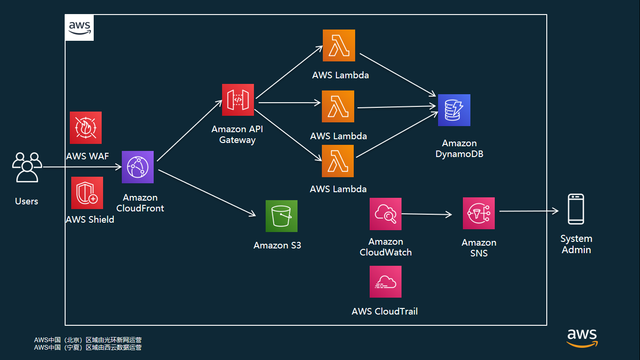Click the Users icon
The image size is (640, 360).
coord(27,167)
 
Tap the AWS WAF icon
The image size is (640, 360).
coord(86,127)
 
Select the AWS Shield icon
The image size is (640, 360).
coord(87,193)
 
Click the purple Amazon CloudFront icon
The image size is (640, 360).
coord(138,167)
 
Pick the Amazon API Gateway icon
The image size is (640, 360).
coord(238,100)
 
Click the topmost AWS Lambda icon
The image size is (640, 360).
coord(339,45)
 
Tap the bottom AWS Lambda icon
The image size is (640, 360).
coord(338,161)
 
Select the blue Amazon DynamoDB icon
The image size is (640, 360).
coord(454,110)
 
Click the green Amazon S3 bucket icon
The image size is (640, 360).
coord(282,216)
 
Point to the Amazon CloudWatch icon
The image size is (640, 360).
coord(386,214)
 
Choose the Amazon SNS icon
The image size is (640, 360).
coord(479,213)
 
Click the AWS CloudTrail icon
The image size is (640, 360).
coord(386,282)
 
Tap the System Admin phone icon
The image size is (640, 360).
coord(576,209)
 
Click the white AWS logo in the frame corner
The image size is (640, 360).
coord(79,28)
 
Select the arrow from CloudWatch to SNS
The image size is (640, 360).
coord(426,214)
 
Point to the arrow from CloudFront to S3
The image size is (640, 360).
coord(207,193)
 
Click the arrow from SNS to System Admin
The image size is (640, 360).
coord(528,211)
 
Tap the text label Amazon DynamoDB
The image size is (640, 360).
coord(459,149)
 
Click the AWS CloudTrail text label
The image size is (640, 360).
coord(385,311)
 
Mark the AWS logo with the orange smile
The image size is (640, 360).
coord(582,338)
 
